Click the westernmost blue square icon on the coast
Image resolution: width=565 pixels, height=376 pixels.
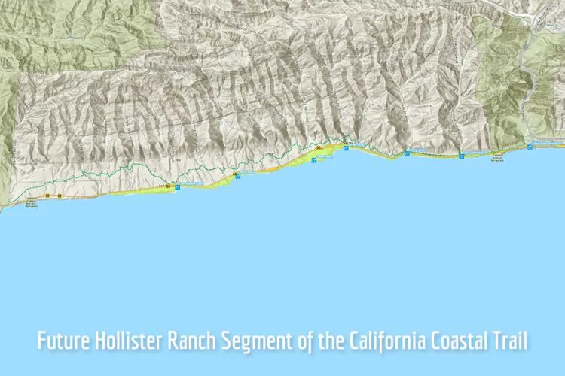pyautogui.click(x=178, y=187)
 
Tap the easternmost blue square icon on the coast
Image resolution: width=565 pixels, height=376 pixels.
pyautogui.click(x=531, y=147)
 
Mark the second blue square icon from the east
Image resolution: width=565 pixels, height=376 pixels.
pyautogui.click(x=461, y=155)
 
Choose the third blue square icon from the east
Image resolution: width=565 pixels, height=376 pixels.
pyautogui.click(x=408, y=153)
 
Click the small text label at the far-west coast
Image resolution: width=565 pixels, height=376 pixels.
pyautogui.click(x=31, y=202)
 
